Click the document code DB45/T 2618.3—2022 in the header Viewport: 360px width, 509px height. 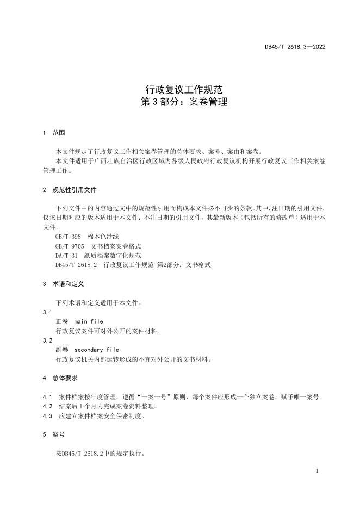click(x=295, y=47)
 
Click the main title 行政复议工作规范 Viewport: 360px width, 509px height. click(x=179, y=89)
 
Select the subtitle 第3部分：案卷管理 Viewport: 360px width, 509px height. click(x=179, y=102)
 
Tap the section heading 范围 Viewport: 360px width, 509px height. click(x=59, y=133)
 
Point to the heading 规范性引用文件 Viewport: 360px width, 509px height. click(x=75, y=190)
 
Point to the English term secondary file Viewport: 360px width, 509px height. click(x=96, y=350)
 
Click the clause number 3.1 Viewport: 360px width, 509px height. click(x=47, y=312)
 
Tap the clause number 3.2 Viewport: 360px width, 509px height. click(x=47, y=340)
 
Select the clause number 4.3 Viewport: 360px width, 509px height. click(x=47, y=416)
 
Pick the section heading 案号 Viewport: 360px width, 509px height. click(x=59, y=435)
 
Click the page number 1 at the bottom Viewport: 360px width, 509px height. click(x=316, y=470)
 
